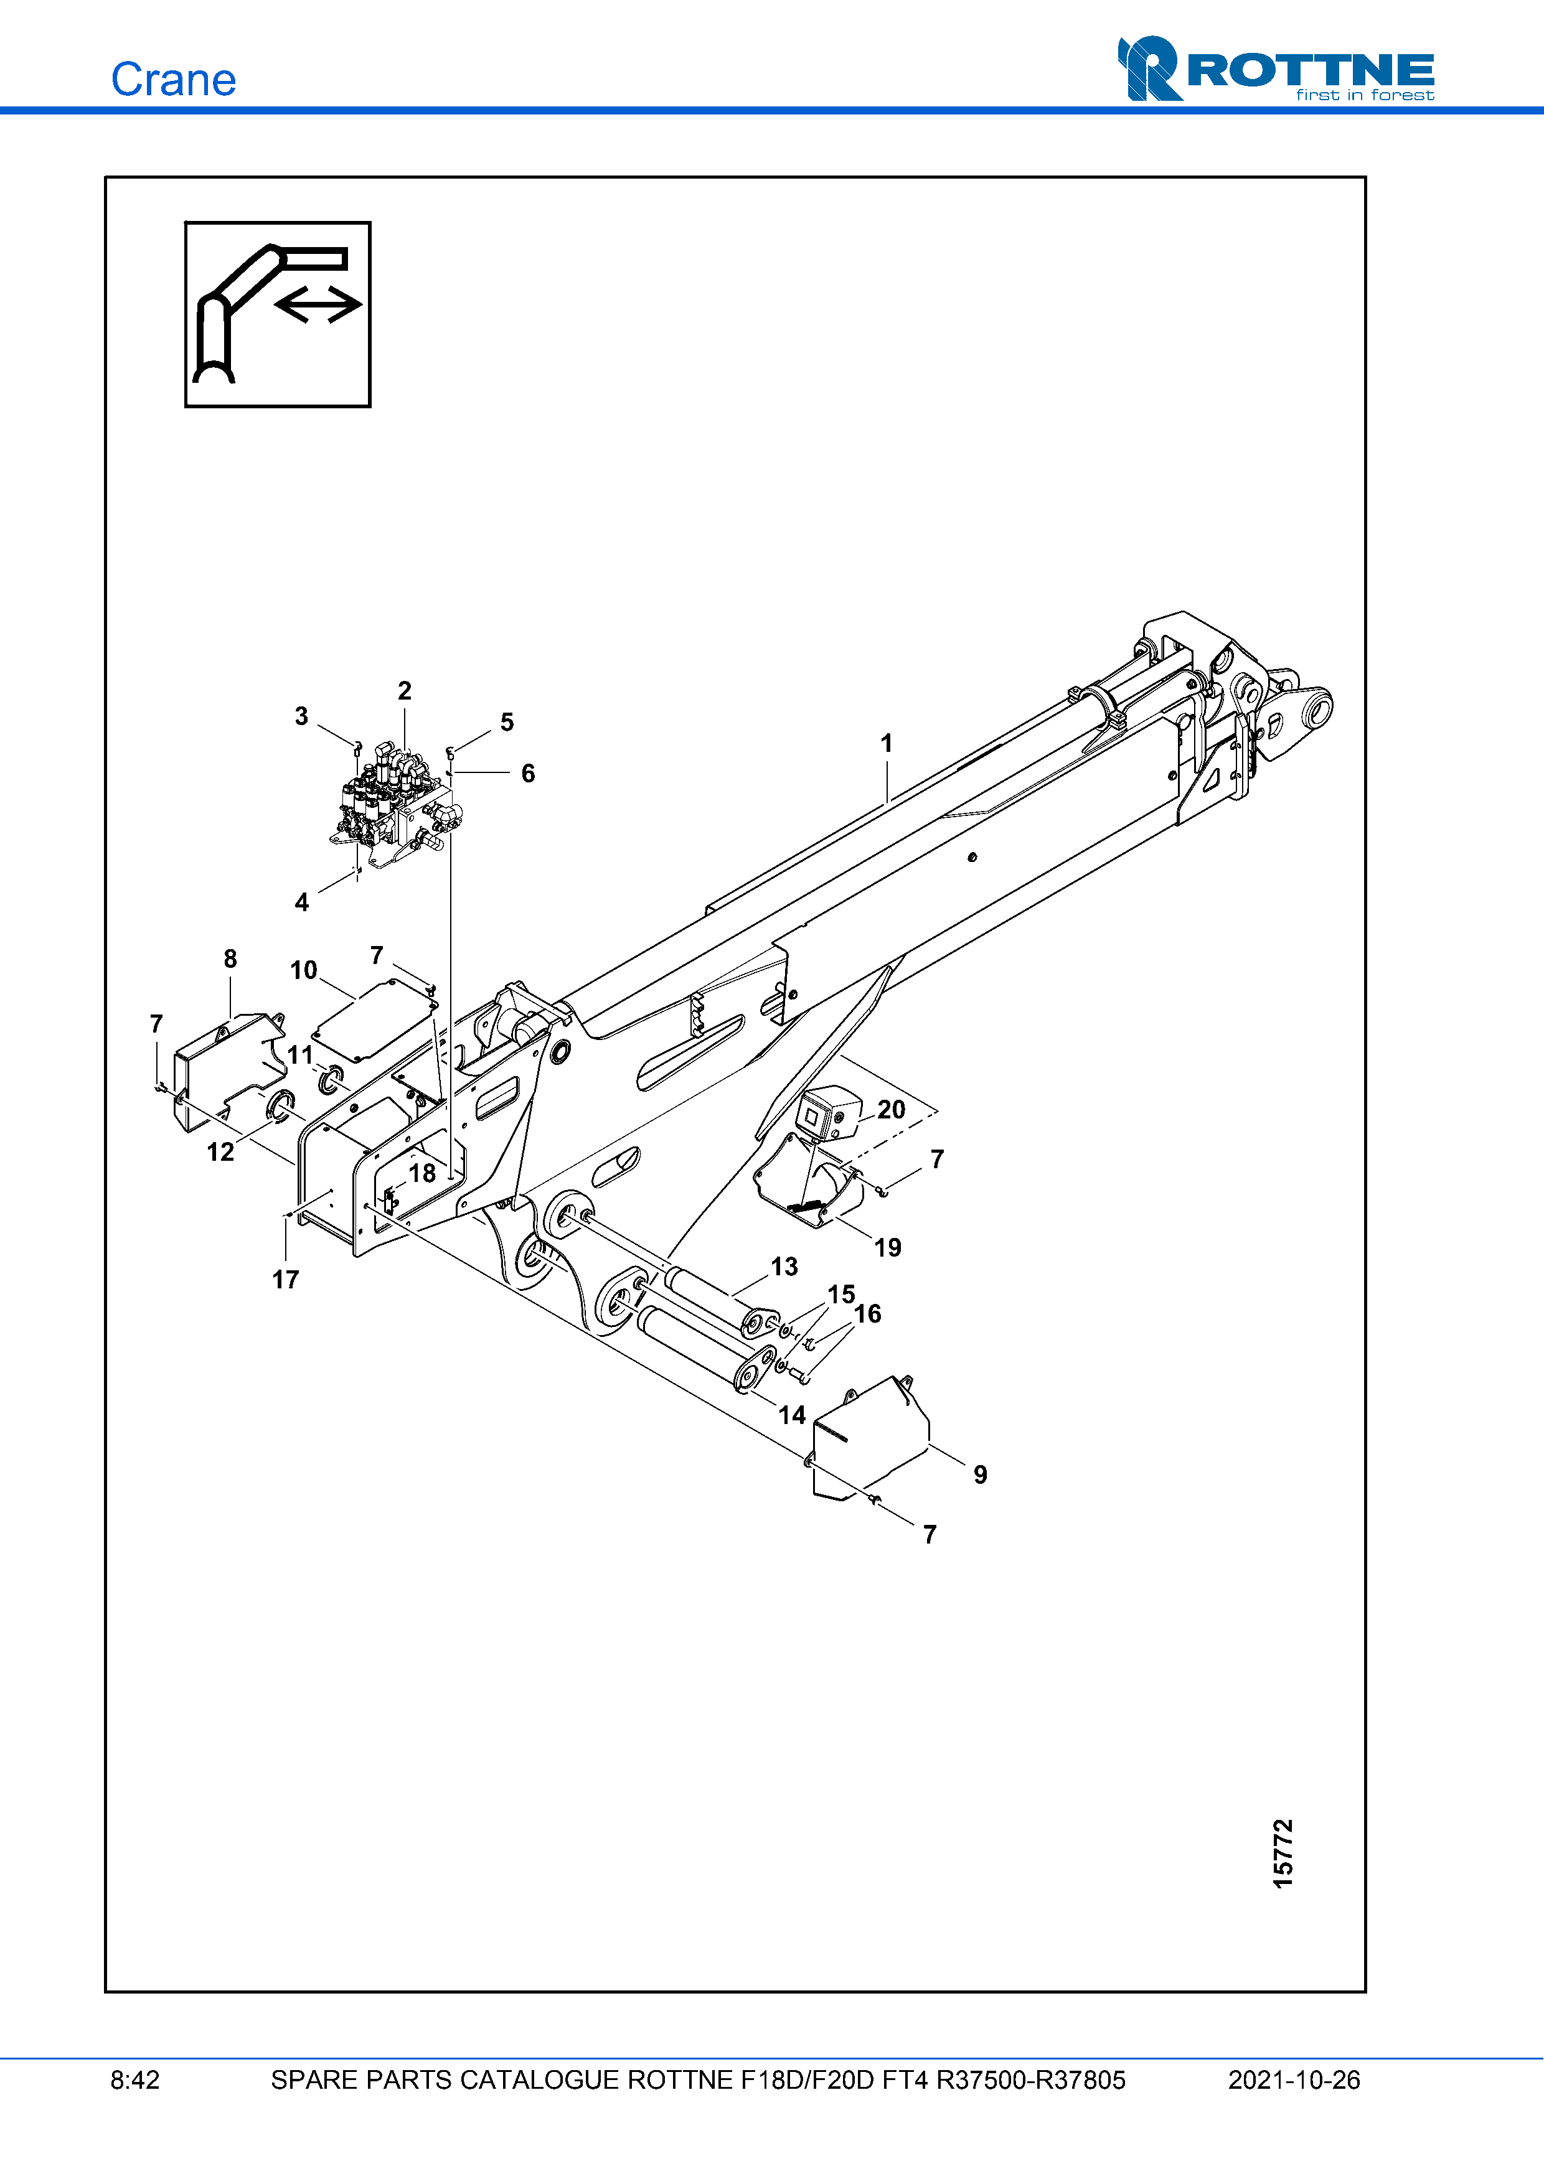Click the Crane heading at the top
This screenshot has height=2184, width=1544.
(x=173, y=80)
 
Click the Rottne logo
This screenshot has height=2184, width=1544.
(x=1276, y=70)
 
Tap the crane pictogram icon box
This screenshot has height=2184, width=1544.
(x=278, y=315)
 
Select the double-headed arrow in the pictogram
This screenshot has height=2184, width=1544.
(x=318, y=304)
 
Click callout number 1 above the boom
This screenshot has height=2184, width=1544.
(x=887, y=743)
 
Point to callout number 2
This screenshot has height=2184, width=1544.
(x=404, y=691)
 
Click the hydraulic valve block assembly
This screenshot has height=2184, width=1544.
(x=395, y=804)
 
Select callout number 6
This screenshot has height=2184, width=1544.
(x=528, y=774)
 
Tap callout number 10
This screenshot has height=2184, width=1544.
(x=303, y=970)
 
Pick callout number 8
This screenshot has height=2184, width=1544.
(x=230, y=959)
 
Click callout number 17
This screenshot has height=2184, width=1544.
(x=285, y=1280)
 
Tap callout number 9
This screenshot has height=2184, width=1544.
(x=980, y=1474)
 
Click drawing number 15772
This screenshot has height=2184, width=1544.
(x=1283, y=1853)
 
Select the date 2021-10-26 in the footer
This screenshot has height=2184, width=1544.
(x=1294, y=2080)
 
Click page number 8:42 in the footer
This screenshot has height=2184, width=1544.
(x=135, y=2080)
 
